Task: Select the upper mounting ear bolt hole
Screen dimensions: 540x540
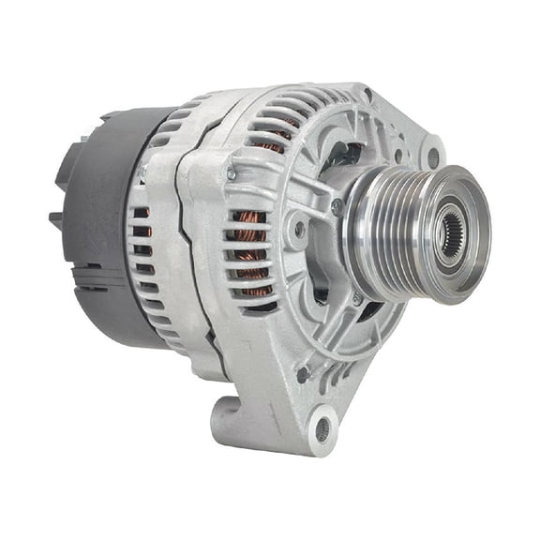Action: click(x=431, y=153)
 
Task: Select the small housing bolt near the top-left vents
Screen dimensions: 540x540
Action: click(x=232, y=174)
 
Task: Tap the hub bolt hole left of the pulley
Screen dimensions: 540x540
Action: click(x=300, y=228)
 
